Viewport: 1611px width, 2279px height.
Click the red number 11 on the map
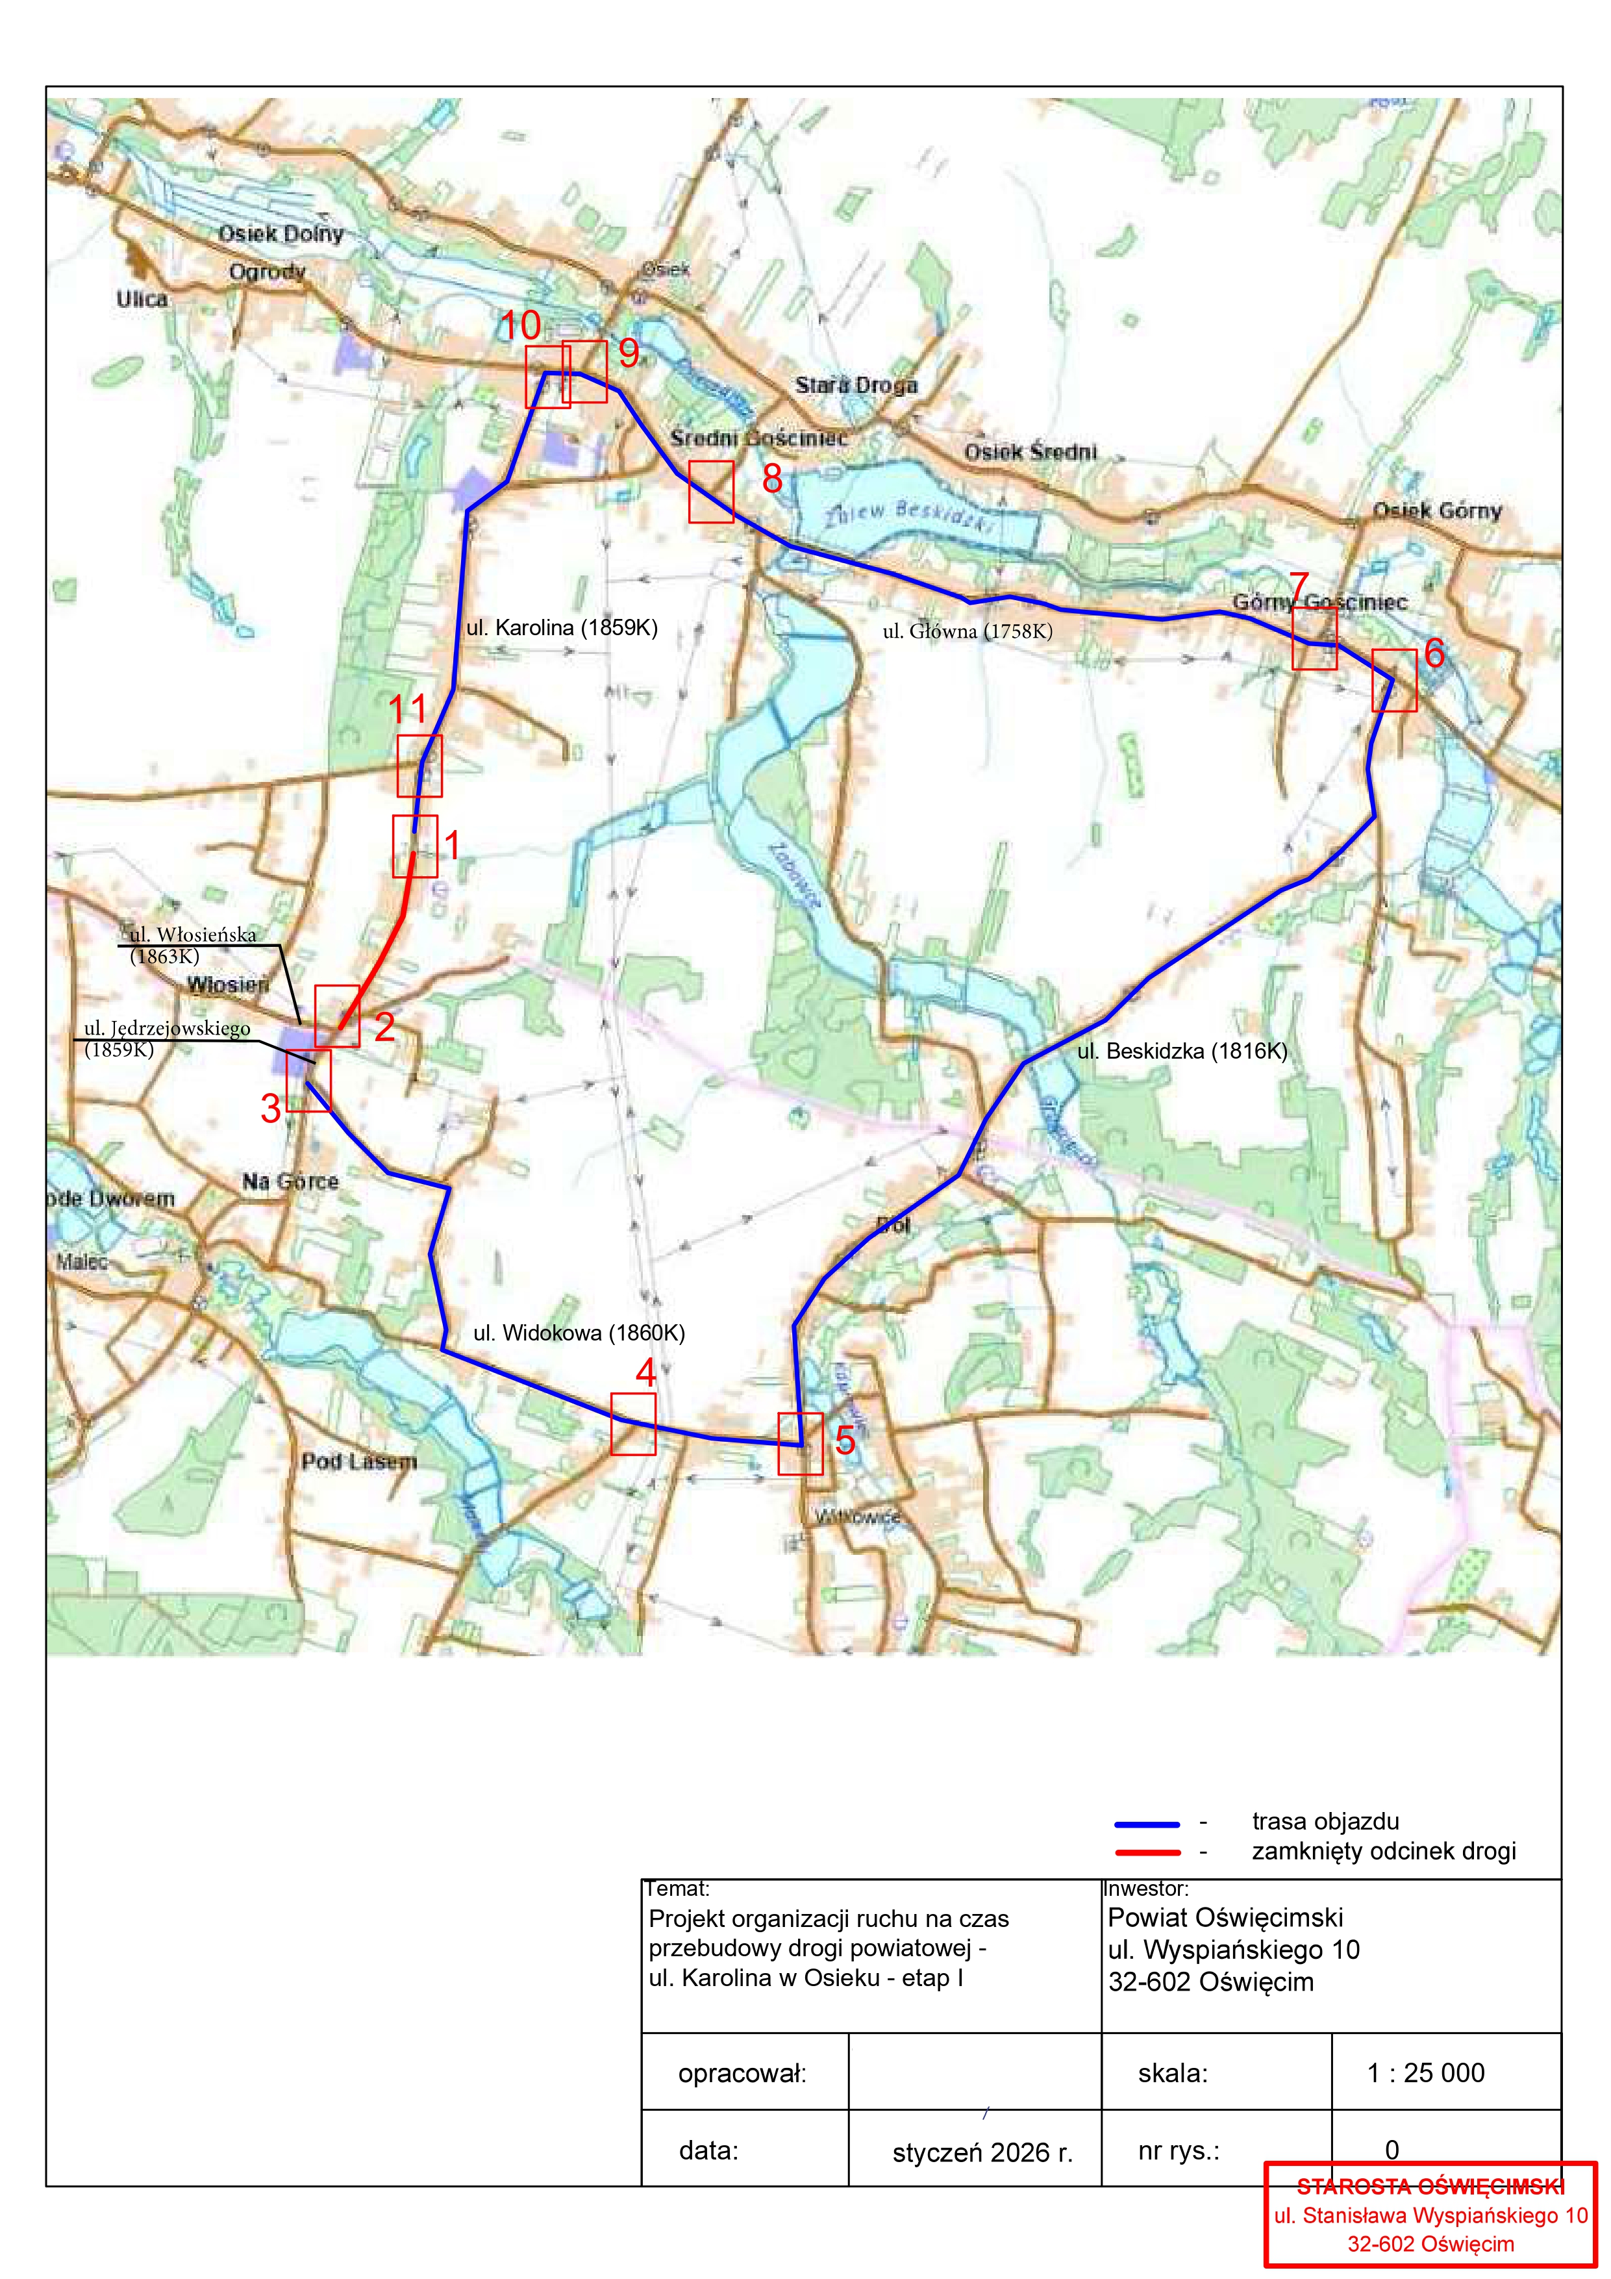click(407, 710)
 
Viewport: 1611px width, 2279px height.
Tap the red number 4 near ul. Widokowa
click(646, 1373)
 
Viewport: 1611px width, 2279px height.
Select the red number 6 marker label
click(1434, 653)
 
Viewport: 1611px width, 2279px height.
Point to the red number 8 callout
click(772, 479)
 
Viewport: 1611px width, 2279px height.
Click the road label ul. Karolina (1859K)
click(562, 627)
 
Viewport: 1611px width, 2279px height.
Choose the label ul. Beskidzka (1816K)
click(1182, 1051)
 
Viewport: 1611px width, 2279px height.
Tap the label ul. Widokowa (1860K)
click(579, 1333)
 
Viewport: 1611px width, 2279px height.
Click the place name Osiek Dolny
click(281, 234)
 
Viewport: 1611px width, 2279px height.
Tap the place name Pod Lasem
click(359, 1461)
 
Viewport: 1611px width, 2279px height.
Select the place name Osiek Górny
click(1437, 511)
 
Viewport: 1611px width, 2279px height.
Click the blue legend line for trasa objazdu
click(1147, 1824)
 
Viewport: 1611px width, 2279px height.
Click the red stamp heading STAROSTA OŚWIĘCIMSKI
click(1430, 2185)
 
